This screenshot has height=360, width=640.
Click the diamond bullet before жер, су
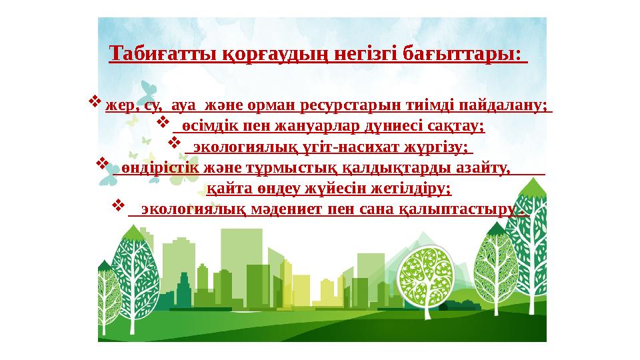pyautogui.click(x=95, y=103)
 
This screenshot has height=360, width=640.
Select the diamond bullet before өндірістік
pyautogui.click(x=103, y=164)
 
